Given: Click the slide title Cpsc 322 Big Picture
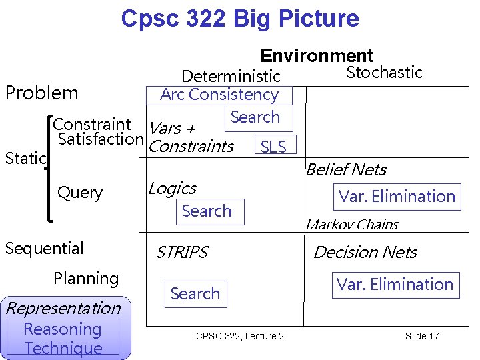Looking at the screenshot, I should pos(239,18).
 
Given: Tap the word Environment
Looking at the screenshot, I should pos(317,55).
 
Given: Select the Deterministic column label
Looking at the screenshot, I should pos(231,76).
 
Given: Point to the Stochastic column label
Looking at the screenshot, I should pos(384,73).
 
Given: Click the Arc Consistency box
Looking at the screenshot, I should pos(219,95).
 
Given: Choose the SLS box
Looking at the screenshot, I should pos(273,147).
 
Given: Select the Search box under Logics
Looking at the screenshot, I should pos(206,211).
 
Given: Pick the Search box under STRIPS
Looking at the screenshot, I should pos(195,293).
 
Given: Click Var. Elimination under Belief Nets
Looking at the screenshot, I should pos(397,196).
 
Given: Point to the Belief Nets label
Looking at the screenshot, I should pos(345,170).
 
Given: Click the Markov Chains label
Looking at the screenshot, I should pos(351,225).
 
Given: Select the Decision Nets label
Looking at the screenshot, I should pos(365,253).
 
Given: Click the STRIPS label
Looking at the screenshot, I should pos(181,253).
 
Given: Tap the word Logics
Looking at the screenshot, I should pos(172,189).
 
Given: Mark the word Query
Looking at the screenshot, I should pos(80,193).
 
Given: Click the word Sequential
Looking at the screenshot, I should pos(44,249).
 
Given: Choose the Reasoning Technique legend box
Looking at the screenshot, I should pos(63,338).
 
